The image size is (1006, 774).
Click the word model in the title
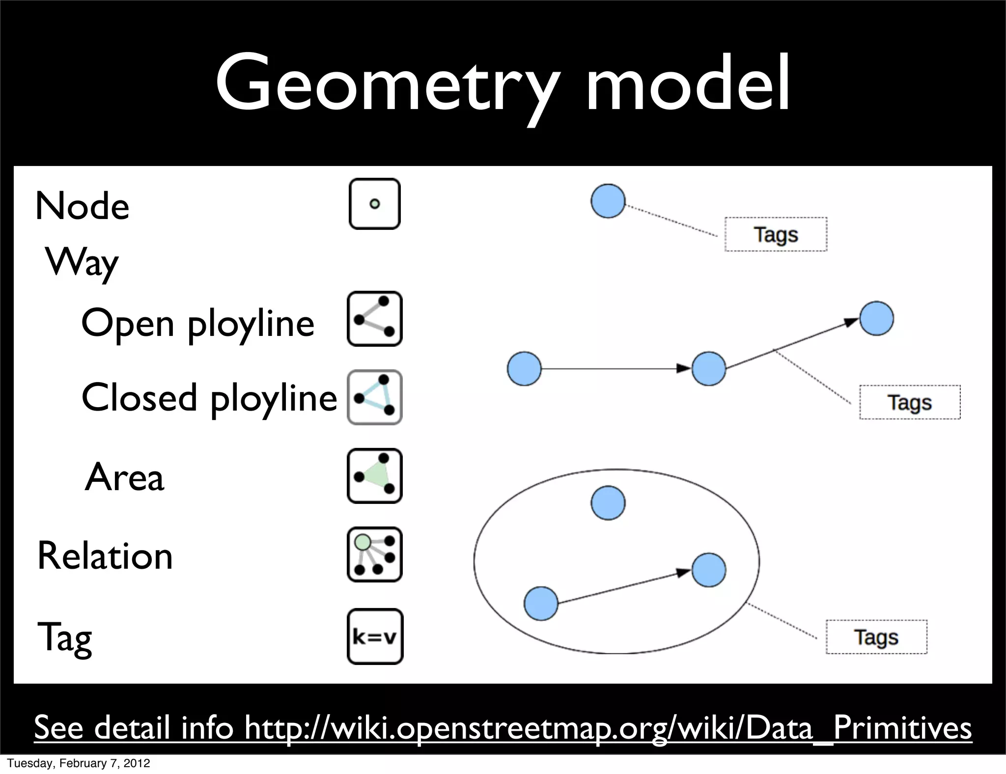click(688, 83)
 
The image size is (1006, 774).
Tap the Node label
click(82, 206)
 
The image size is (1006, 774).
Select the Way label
click(82, 263)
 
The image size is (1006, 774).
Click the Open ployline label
click(197, 324)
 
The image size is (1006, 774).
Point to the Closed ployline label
click(209, 398)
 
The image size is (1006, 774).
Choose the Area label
click(124, 477)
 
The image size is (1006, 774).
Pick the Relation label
click(105, 556)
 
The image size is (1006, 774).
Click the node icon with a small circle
click(375, 204)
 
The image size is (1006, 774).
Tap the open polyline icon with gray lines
click(375, 319)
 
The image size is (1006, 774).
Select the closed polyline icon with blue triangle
click(375, 397)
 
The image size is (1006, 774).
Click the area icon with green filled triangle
click(375, 476)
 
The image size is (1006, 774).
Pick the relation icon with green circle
click(375, 555)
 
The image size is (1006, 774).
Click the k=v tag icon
click(375, 637)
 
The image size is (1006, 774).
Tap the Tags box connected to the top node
click(776, 234)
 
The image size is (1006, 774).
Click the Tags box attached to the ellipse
click(876, 637)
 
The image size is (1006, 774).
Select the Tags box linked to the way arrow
click(909, 402)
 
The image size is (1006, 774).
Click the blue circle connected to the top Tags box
click(608, 201)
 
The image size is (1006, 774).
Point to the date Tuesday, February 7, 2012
click(79, 763)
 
